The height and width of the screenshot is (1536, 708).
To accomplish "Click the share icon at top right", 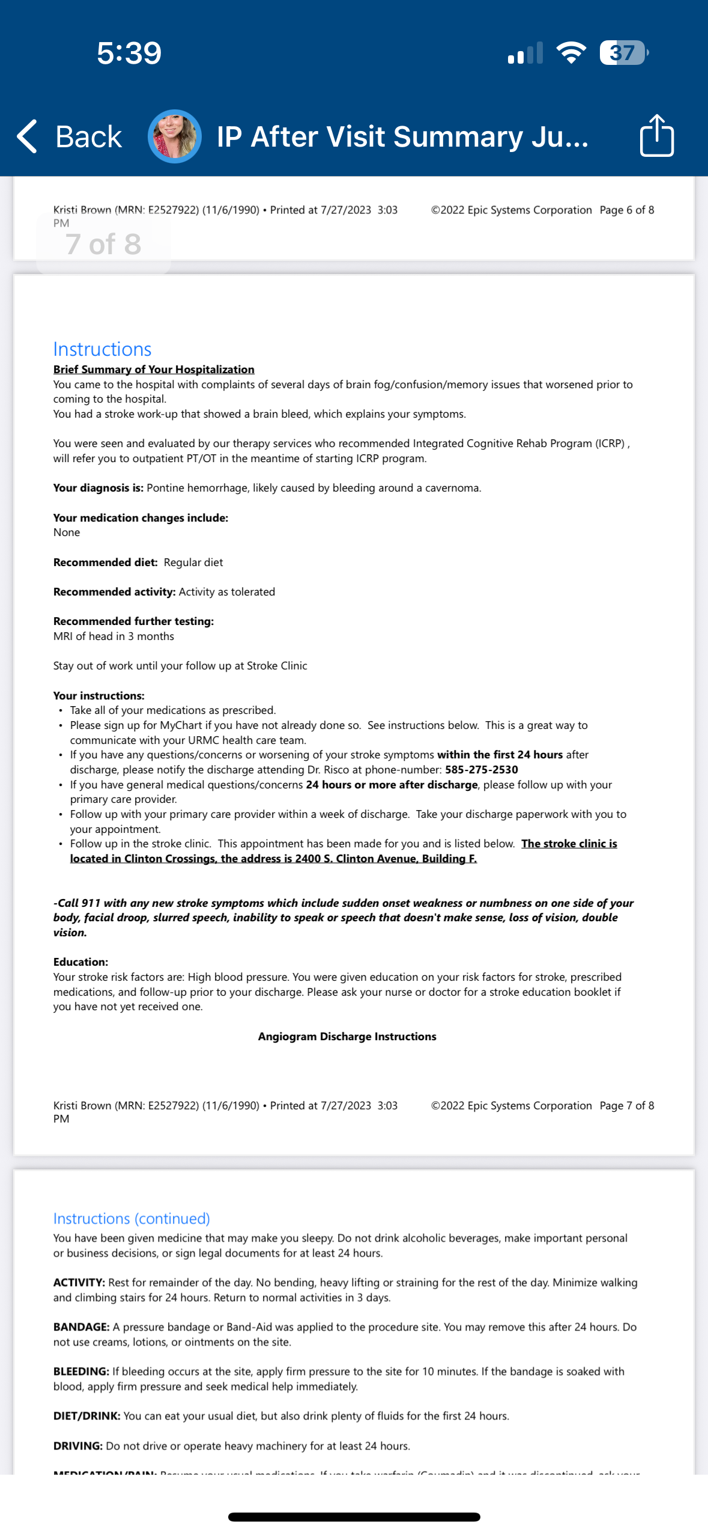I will [656, 136].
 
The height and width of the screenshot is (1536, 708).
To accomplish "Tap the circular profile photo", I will [175, 136].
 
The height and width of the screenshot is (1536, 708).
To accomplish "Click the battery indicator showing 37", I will [623, 53].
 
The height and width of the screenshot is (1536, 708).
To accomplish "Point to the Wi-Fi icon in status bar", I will [571, 53].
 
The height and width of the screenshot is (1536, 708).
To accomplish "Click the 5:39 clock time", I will [129, 53].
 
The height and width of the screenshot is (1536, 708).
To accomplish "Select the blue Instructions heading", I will [102, 349].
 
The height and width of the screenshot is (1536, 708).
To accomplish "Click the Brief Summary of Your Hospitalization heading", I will [154, 370].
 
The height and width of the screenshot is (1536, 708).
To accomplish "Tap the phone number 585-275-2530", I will [481, 770].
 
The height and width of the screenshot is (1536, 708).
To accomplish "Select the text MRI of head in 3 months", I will [113, 636].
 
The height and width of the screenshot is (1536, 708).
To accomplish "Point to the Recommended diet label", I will [105, 562].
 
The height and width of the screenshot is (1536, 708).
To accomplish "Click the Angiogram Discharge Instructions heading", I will [347, 1037].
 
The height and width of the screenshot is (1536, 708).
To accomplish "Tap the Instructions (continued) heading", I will [132, 1218].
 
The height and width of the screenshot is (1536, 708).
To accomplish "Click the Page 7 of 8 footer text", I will [626, 1106].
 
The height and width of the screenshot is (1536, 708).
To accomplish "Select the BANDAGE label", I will [81, 1327].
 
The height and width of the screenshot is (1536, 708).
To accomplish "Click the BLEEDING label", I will [81, 1371].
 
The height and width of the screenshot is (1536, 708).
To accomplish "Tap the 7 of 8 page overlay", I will [103, 244].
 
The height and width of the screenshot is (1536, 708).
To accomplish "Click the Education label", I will [80, 962].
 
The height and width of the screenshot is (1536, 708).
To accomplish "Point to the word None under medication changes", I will [67, 532].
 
